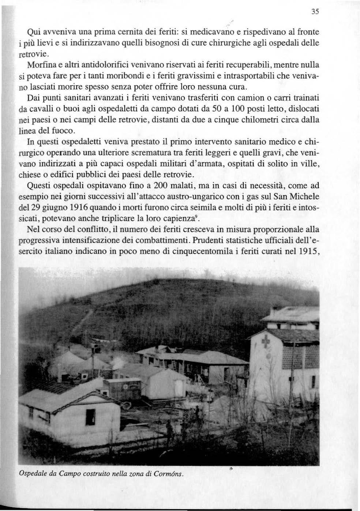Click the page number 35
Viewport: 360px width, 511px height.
pos(316,12)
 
